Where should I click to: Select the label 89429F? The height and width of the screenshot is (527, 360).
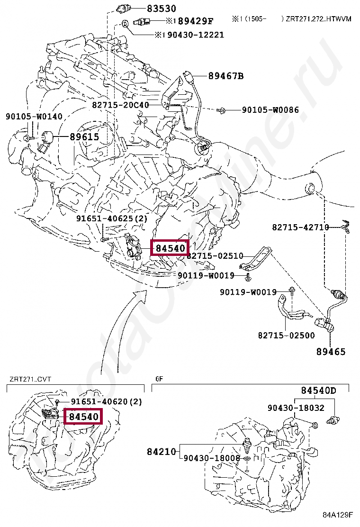point(196,21)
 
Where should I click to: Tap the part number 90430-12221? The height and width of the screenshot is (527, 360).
point(196,35)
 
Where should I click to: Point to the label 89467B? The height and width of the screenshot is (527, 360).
point(226,76)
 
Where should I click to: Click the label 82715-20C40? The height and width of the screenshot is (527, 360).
point(121,105)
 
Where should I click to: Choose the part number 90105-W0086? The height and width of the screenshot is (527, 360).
point(270,109)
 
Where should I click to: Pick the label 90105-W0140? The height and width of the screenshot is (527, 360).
point(34,116)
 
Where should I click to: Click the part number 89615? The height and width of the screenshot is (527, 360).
point(85,137)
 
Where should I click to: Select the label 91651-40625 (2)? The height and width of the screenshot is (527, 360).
point(112,218)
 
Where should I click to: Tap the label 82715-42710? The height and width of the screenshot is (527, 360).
point(301,227)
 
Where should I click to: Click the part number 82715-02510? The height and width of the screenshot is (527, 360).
point(215,256)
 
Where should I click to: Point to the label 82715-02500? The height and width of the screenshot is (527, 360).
point(287,335)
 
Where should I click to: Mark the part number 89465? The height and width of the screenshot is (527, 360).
point(331,352)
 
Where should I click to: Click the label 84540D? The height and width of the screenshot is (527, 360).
point(319,390)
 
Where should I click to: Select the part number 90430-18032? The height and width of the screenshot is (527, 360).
point(296,408)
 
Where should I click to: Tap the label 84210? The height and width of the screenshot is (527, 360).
point(162,451)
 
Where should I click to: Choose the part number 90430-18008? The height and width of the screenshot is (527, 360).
point(212,458)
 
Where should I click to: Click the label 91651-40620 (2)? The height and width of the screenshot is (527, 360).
point(106,401)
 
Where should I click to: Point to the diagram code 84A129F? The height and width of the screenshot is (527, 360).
point(338,515)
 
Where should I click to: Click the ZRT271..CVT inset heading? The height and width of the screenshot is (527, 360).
point(30,379)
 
